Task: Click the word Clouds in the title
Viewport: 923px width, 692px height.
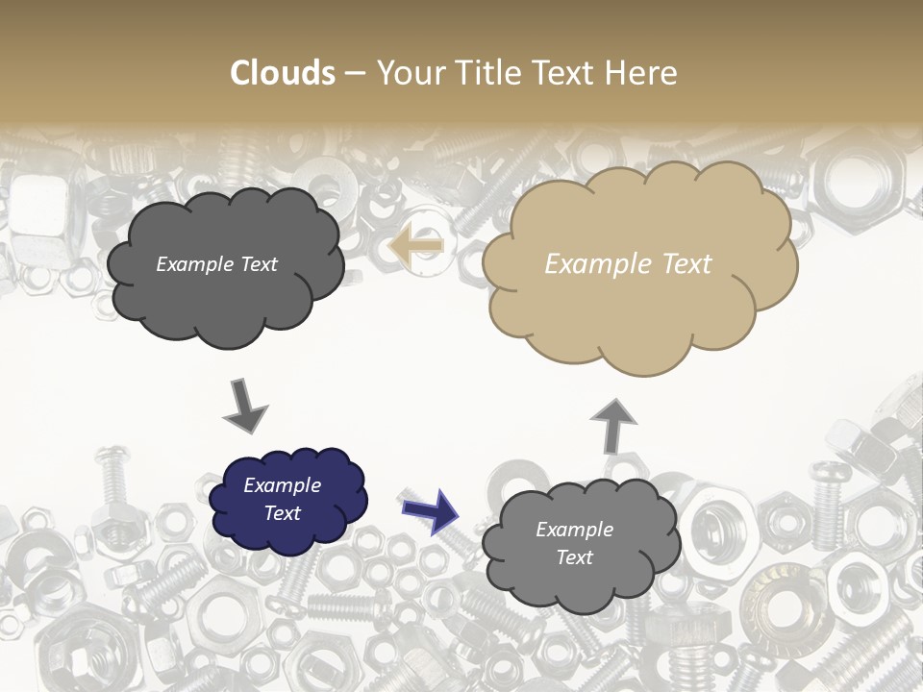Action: [x=283, y=73]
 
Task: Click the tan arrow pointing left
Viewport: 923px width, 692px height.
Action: [x=415, y=246]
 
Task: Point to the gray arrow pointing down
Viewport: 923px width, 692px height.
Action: [x=245, y=406]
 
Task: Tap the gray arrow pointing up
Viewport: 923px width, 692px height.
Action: [x=612, y=425]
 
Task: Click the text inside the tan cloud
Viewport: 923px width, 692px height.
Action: [x=628, y=264]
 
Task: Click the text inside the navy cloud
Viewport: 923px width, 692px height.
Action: [x=282, y=500]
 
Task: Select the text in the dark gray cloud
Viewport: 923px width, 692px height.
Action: [x=216, y=264]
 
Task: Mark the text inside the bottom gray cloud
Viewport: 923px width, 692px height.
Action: [x=574, y=543]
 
